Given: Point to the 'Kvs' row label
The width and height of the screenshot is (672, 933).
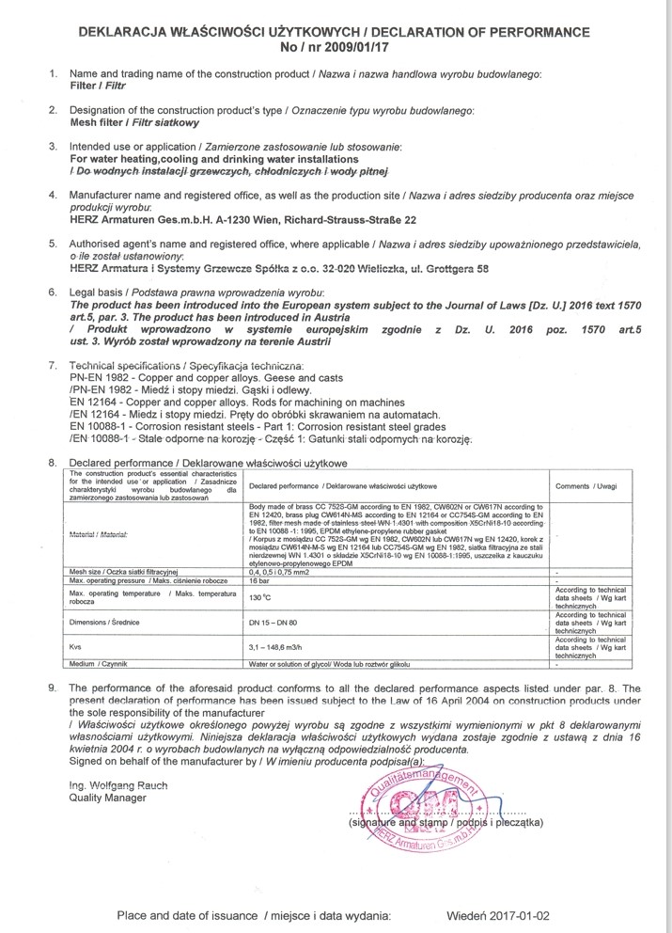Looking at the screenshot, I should coord(77,647).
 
